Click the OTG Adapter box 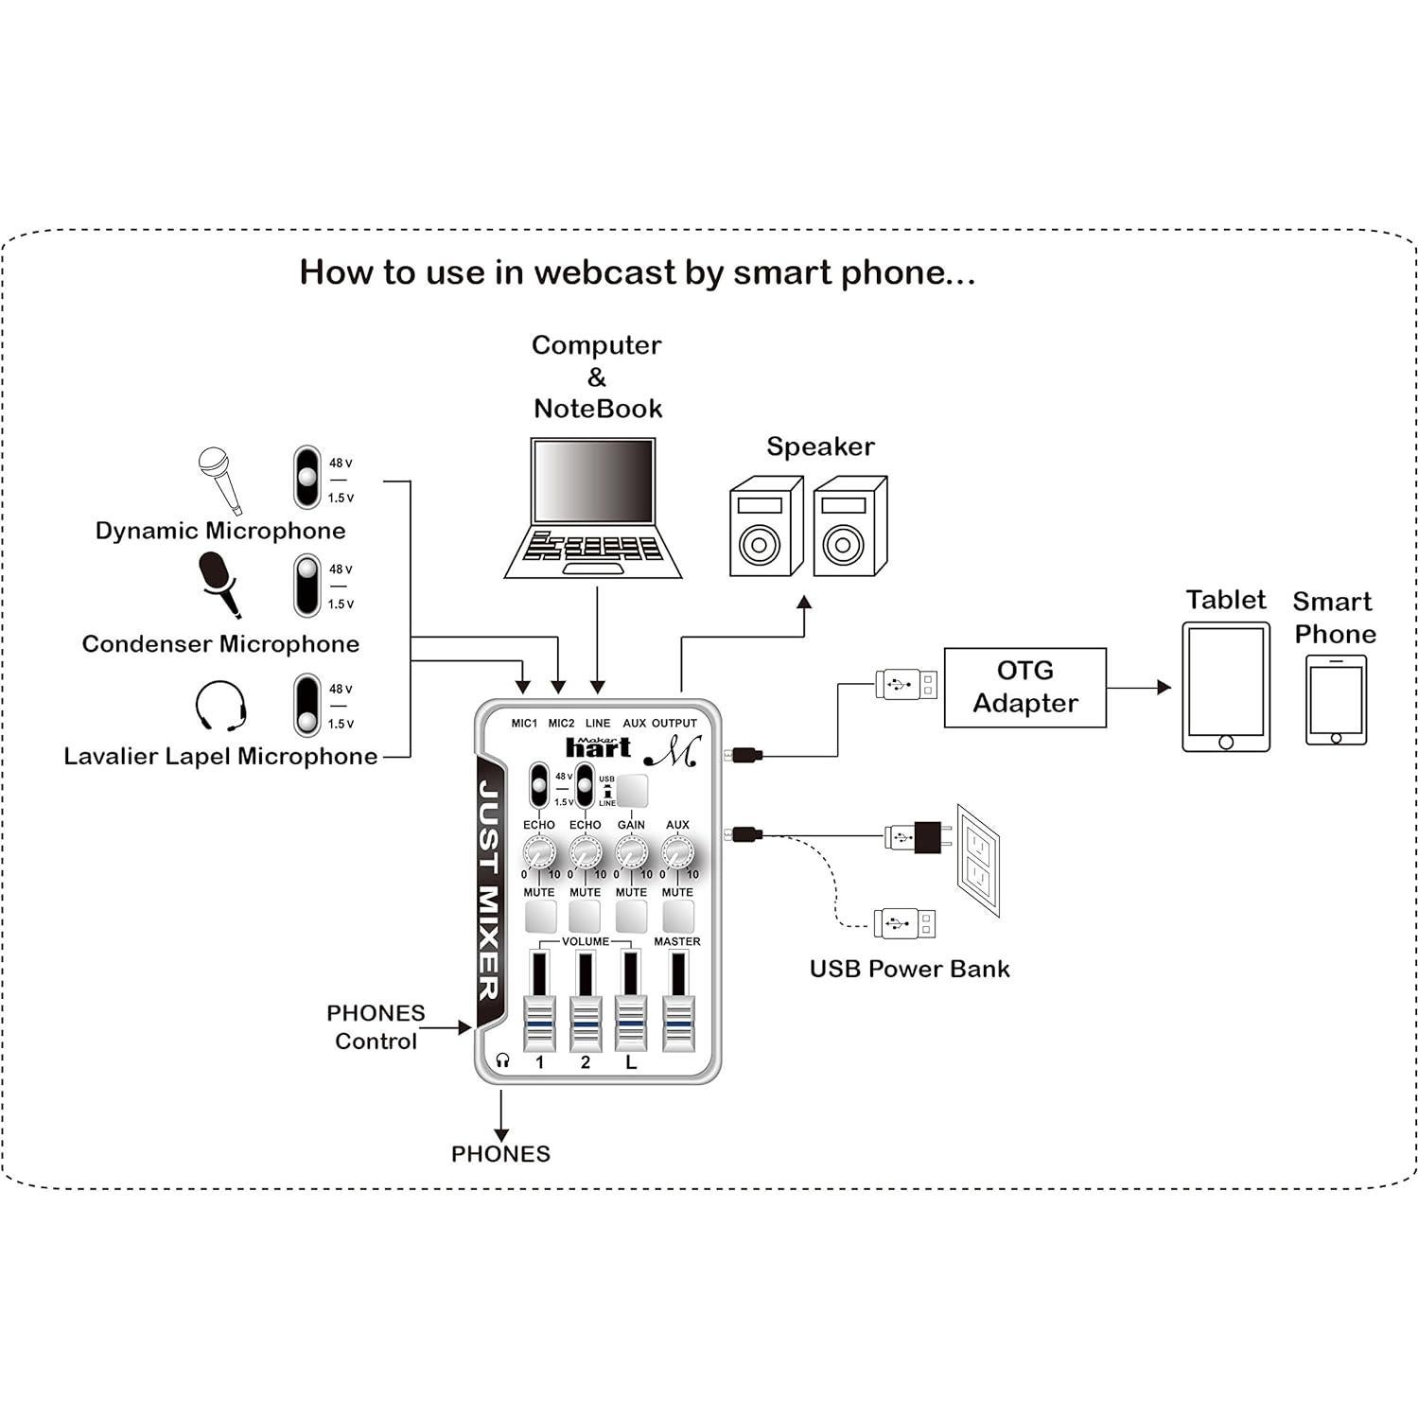[1024, 688]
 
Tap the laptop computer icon [593, 508]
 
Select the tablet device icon [1225, 688]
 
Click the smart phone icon [1336, 700]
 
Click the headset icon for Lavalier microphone [220, 707]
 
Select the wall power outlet [977, 861]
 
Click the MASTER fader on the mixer [677, 1022]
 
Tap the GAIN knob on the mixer [631, 854]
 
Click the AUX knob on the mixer [676, 854]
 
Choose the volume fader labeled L [631, 1022]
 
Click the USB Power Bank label [909, 969]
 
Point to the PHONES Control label [376, 1027]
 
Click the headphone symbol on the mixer [502, 1061]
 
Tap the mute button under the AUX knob [677, 916]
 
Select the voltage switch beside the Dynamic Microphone [306, 478]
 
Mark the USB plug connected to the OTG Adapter [905, 683]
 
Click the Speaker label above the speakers [820, 446]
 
